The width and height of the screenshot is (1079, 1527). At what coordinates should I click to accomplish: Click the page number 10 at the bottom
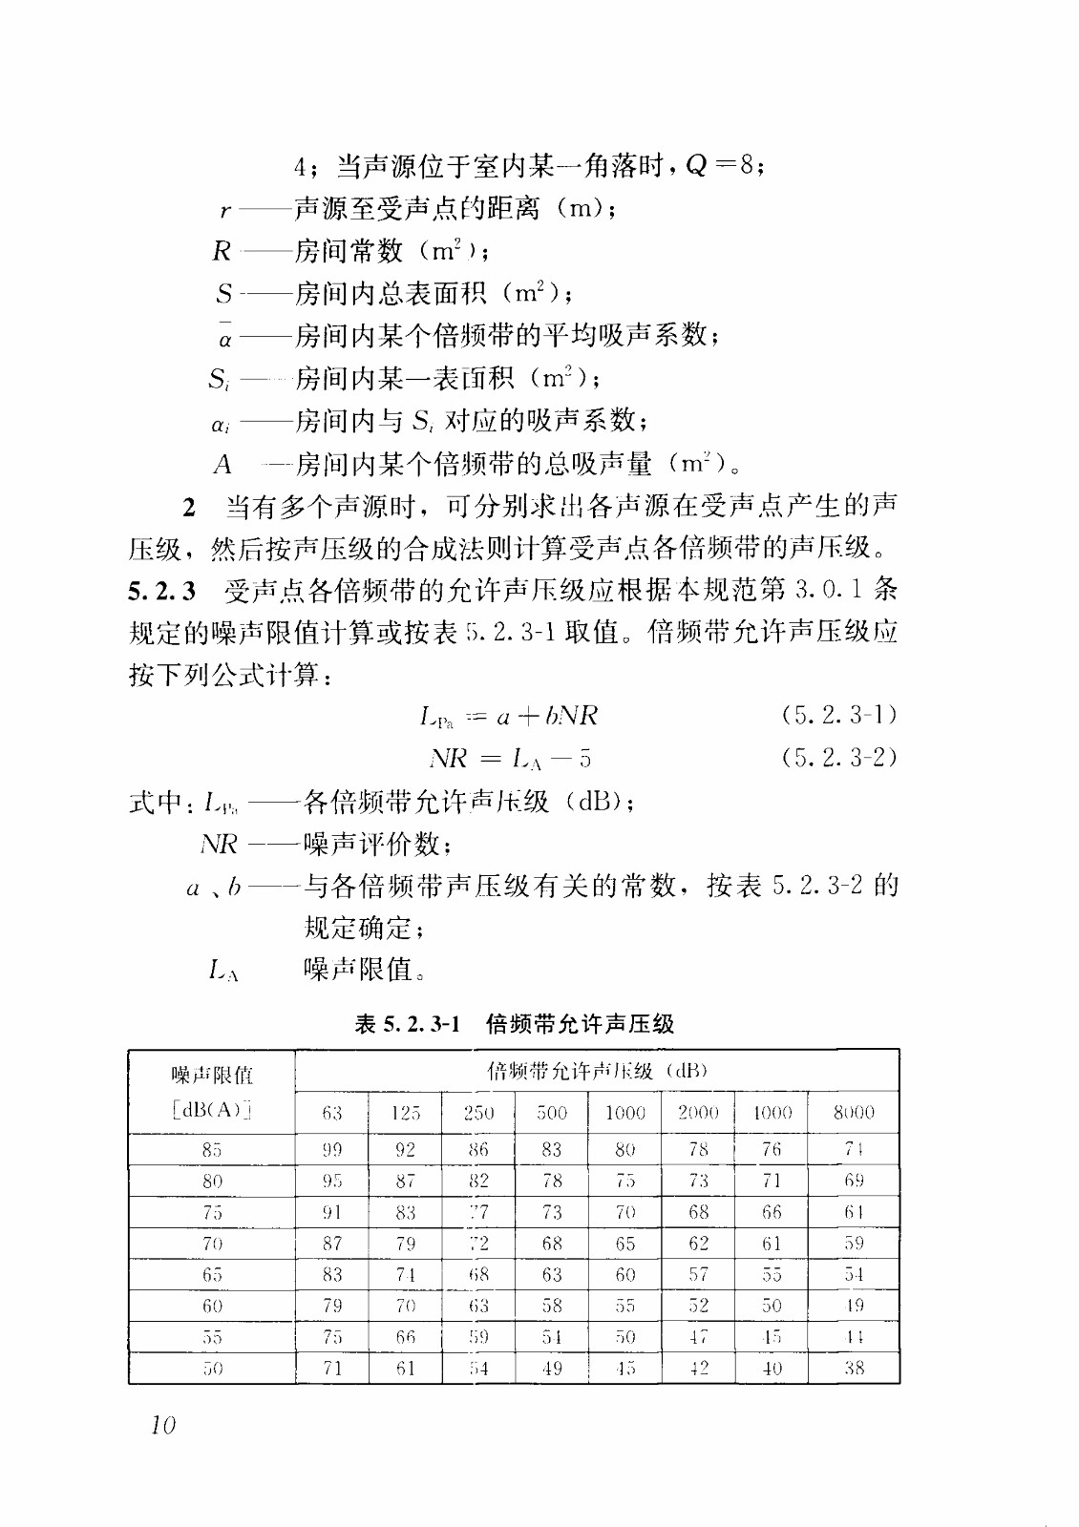click(x=163, y=1425)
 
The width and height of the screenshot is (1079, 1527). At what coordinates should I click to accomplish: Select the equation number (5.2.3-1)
click(x=838, y=715)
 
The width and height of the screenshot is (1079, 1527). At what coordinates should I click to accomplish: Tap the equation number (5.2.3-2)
click(x=838, y=758)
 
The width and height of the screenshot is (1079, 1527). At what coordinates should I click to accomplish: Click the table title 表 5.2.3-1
click(x=408, y=1024)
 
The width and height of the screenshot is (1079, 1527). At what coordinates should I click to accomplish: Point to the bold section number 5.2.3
click(x=162, y=591)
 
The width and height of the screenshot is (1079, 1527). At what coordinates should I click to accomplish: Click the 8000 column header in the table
click(x=853, y=1112)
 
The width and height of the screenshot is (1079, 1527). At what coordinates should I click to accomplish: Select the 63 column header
click(x=331, y=1112)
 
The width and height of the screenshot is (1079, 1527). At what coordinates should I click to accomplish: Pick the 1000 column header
click(x=625, y=1112)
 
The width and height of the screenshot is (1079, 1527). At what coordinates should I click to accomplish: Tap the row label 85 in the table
click(x=212, y=1149)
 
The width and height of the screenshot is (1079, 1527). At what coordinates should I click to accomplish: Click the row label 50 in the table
click(x=212, y=1368)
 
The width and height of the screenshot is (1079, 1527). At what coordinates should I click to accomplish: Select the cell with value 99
click(x=331, y=1149)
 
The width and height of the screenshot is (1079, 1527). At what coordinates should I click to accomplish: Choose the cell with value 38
click(x=854, y=1368)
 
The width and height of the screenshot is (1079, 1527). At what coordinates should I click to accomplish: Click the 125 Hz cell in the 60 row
click(x=406, y=1305)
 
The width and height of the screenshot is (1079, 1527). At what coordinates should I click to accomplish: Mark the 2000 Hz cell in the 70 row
click(x=699, y=1243)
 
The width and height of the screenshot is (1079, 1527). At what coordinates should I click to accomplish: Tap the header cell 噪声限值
click(x=212, y=1076)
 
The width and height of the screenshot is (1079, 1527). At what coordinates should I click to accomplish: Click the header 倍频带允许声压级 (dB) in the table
click(x=597, y=1071)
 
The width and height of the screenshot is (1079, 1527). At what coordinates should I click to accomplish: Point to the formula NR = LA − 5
click(x=510, y=759)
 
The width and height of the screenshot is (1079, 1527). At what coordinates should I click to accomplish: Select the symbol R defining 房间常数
click(x=222, y=251)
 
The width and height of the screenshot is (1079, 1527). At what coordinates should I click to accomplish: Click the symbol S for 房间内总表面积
click(x=224, y=293)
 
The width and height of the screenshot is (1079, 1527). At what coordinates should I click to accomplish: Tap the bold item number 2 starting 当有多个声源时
click(x=189, y=507)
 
